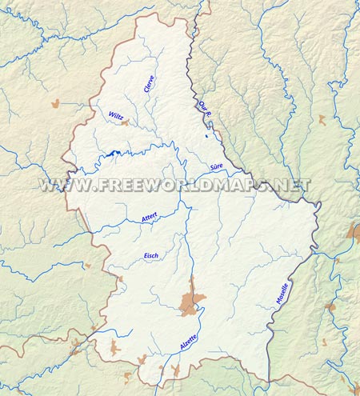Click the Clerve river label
pyautogui.click(x=150, y=84)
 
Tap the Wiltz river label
pyautogui.click(x=115, y=116)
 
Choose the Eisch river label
pyautogui.click(x=151, y=255)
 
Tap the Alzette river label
pyautogui.click(x=189, y=344)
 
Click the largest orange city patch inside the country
pyautogui.click(x=190, y=302)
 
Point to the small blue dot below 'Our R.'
pyautogui.click(x=206, y=136)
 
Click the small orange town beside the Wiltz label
pyautogui.click(x=125, y=122)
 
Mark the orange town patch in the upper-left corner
pyautogui.click(x=55, y=104)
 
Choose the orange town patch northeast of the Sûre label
pyautogui.click(x=322, y=119)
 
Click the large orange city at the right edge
pyautogui.click(x=354, y=233)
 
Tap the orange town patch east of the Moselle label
pyautogui.click(x=330, y=307)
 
